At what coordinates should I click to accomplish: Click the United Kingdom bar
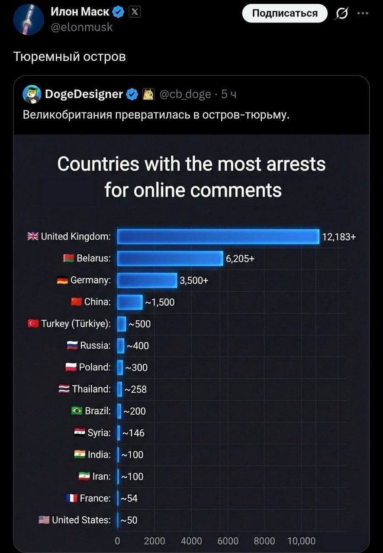pos(218,237)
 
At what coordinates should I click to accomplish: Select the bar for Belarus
pos(170,258)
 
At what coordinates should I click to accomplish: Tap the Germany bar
pos(147,280)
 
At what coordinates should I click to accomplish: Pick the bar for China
pos(130,302)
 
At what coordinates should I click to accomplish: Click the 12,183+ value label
pos(339,237)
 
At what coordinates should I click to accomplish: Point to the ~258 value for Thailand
pos(136,389)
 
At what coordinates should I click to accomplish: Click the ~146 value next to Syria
pos(133,433)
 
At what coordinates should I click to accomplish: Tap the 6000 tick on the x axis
pos(228,541)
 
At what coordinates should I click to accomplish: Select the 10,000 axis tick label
pos(301,541)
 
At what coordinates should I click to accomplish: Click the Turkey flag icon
pos(33,324)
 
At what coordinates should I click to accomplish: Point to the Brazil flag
pos(77,411)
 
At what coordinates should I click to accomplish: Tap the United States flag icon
pos(44,520)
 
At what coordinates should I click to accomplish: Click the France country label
pos(95,498)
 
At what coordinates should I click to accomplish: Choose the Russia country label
pos(96,346)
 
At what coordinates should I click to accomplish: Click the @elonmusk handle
pos(82,27)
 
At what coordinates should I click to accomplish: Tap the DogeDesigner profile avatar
pos(32,94)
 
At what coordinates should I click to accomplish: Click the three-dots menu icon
pos(362,13)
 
